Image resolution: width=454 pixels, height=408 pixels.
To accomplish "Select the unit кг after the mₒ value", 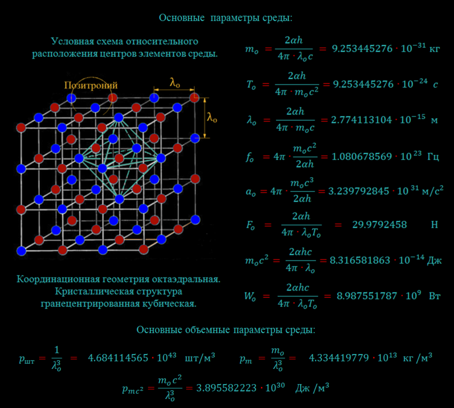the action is click(x=435, y=49).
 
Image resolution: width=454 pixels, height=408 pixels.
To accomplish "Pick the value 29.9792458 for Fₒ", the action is click(x=380, y=225).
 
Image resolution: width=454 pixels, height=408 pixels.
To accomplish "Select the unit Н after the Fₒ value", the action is click(x=435, y=225).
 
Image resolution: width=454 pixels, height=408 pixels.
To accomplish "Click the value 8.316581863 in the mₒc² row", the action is click(x=360, y=260).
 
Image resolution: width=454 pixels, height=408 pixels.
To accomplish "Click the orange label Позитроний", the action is click(x=91, y=85).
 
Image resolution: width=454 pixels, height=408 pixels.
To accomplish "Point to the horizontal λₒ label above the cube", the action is click(x=175, y=82).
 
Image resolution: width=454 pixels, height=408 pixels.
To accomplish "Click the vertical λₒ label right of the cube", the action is click(x=212, y=117).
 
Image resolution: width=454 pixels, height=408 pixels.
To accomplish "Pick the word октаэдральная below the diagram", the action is click(x=191, y=280).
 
